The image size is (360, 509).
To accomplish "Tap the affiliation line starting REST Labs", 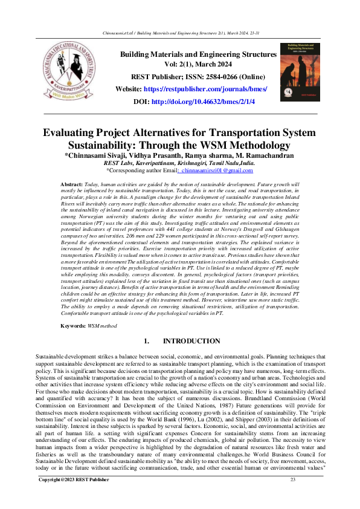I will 179,163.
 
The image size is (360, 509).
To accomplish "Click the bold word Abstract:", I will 72,183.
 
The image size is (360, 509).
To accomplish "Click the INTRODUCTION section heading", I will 191,342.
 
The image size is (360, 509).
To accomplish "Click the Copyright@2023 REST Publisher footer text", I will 74,496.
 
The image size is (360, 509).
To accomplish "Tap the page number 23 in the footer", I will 293,496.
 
